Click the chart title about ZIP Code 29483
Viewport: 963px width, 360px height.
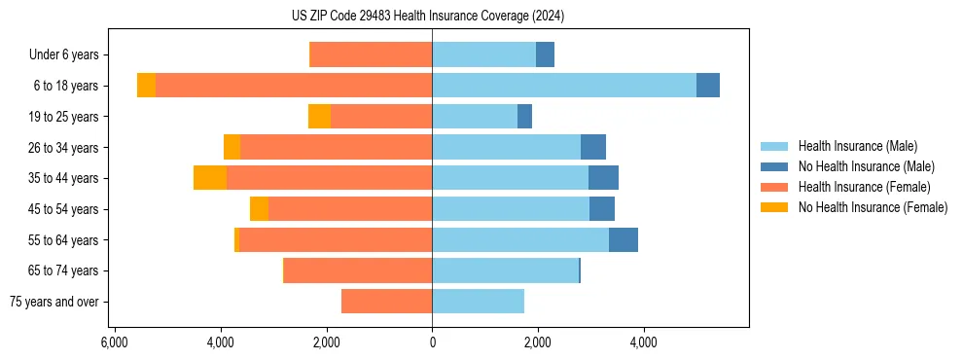[x=427, y=16]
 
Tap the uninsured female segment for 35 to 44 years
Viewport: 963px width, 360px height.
[x=210, y=178]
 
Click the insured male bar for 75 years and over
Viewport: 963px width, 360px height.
[x=478, y=302]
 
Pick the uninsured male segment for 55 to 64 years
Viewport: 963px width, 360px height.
[x=623, y=239]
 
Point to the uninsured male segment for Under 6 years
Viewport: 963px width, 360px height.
[x=545, y=55]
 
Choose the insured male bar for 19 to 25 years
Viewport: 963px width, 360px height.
[x=475, y=117]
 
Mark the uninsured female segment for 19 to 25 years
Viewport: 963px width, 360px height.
[x=319, y=117]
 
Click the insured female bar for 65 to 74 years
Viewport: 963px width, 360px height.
[x=358, y=270]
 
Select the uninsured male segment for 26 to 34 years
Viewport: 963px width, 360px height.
[x=592, y=147]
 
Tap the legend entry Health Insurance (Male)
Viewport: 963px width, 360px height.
[x=857, y=146]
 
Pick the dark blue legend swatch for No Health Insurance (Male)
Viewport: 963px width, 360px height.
[x=774, y=166]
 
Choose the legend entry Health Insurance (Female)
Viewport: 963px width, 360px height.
[x=864, y=187]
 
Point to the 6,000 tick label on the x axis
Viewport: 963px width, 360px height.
[x=115, y=342]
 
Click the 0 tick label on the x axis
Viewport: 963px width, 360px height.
[x=432, y=342]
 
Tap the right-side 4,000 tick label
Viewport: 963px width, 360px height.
[x=643, y=342]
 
